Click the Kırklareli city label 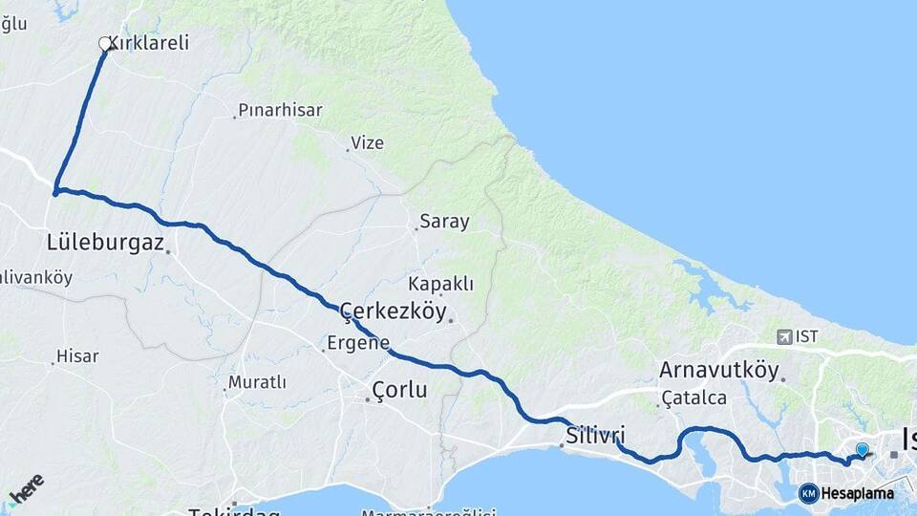(x=148, y=43)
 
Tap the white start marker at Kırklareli (x=105, y=43)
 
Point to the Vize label (x=367, y=143)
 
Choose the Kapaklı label (x=440, y=284)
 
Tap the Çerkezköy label (x=394, y=312)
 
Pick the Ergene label (x=358, y=342)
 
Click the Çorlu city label (x=399, y=390)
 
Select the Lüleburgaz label (x=105, y=242)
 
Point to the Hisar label (x=77, y=356)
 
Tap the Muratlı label (x=257, y=383)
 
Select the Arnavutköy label (x=718, y=371)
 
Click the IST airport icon (x=785, y=336)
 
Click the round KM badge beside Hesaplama (x=809, y=493)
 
